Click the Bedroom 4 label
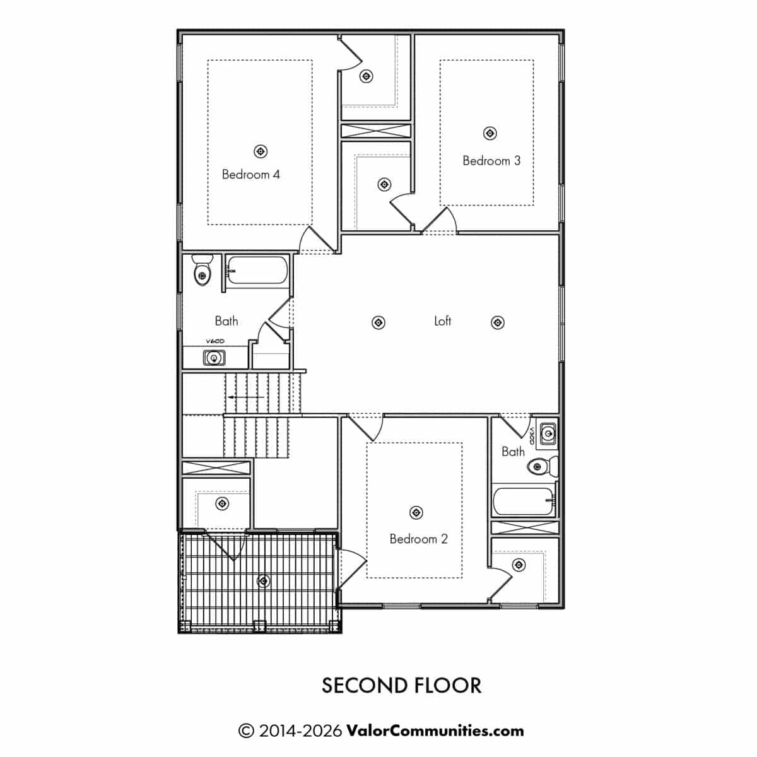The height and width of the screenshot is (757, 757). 250,174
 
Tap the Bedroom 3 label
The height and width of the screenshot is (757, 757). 491,161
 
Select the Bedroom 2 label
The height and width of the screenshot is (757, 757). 418,539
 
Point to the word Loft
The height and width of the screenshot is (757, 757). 442,321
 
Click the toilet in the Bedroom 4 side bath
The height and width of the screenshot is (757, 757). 202,269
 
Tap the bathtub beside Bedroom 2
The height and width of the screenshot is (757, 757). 524,501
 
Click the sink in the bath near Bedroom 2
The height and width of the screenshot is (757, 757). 547,433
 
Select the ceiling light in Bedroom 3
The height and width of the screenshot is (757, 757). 490,134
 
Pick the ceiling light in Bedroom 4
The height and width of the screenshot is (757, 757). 261,151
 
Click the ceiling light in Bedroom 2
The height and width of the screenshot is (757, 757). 416,512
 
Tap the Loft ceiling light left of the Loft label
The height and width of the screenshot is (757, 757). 378,322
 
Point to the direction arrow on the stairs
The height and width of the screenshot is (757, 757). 247,397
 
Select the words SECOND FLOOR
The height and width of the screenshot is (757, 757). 401,686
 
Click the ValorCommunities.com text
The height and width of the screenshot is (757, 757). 435,731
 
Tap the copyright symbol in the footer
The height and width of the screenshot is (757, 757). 246,731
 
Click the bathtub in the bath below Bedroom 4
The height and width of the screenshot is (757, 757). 257,270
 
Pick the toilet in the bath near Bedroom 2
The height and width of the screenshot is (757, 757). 543,466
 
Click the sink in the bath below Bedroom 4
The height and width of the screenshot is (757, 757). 214,358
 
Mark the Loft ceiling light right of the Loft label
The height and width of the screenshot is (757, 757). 498,322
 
